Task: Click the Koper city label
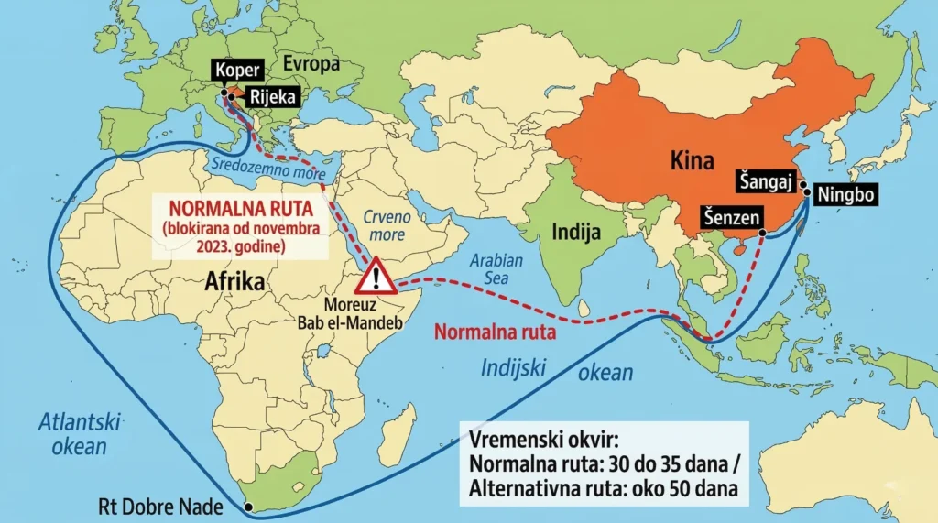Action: pos(239,69)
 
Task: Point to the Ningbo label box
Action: pos(849,195)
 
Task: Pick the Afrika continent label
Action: pos(235,281)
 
